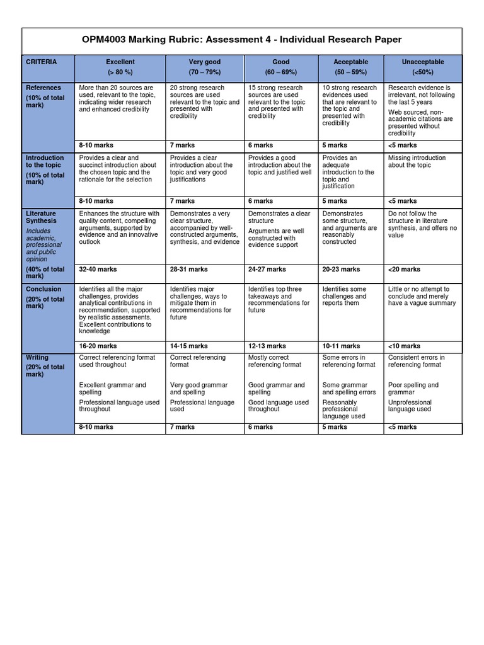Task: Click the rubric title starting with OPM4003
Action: [242, 40]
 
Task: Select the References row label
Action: [43, 88]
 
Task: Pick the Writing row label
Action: [37, 357]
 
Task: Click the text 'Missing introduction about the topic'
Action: [417, 161]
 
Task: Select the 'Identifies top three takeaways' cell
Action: [279, 300]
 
